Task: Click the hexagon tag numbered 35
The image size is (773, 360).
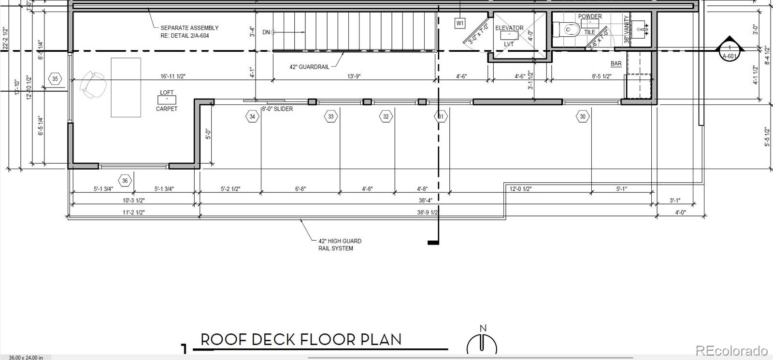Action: pos(55,79)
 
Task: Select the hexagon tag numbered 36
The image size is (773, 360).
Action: pos(125,181)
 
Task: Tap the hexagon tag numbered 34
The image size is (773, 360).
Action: pos(252,116)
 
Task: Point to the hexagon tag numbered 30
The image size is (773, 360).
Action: pos(583,116)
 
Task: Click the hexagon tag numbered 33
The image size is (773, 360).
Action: pos(331,116)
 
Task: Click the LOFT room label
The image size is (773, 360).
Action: pos(167,92)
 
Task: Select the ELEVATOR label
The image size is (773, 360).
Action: pos(509,28)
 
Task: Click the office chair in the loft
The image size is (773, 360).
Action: pos(94,84)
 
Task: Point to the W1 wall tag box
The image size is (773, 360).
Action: pos(460,23)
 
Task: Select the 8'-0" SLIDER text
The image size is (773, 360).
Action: pos(277,109)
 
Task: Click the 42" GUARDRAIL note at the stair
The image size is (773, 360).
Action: pos(309,67)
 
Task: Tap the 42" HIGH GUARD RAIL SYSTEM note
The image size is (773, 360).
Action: pos(340,245)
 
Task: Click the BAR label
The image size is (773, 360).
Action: pos(616,64)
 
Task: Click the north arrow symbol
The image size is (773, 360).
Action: pos(482,342)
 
